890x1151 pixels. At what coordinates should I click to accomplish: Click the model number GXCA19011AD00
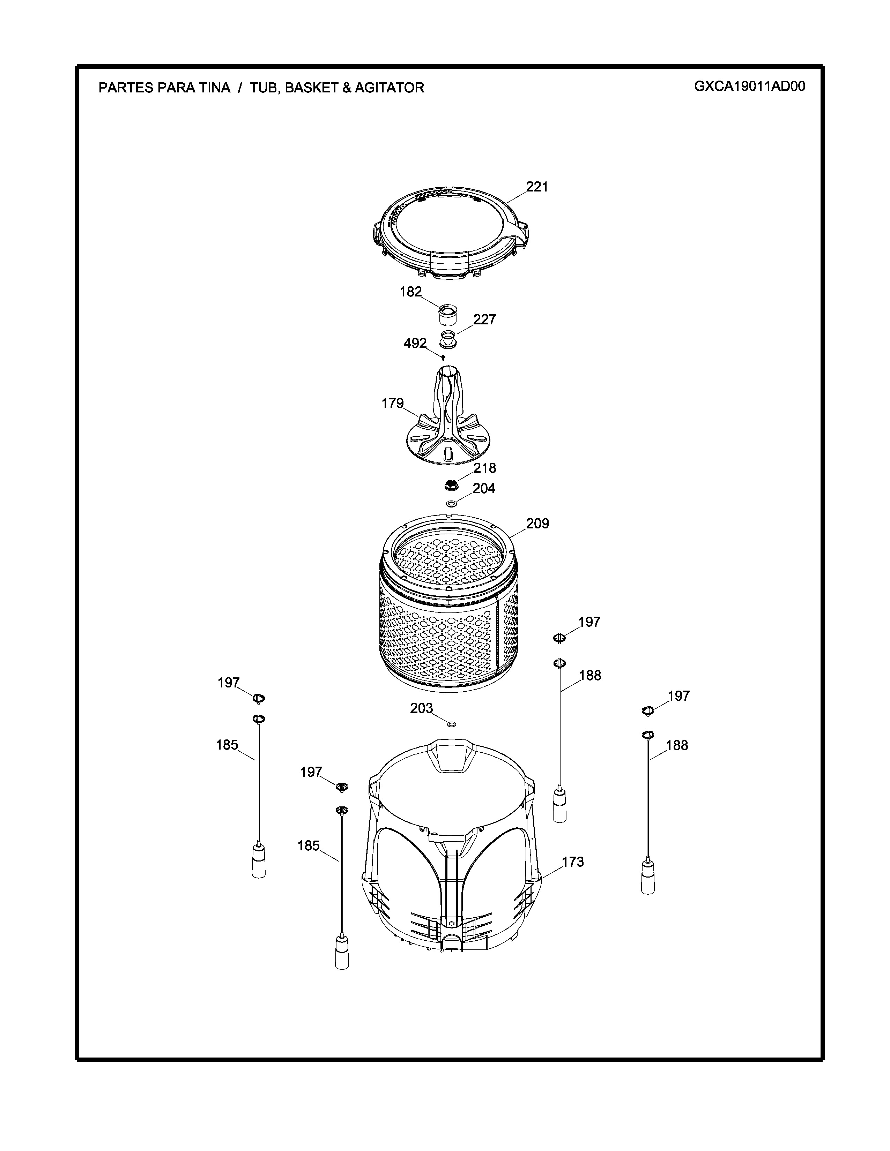[749, 86]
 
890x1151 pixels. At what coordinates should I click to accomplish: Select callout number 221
[537, 187]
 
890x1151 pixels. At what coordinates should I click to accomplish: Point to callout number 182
[411, 292]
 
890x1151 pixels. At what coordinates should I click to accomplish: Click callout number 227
[484, 319]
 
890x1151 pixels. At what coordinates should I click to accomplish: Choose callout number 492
[415, 343]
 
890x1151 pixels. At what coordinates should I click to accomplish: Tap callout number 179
[393, 403]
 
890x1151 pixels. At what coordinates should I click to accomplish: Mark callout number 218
[484, 468]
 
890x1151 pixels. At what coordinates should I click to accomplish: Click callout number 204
[484, 489]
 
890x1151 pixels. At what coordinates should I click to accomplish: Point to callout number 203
[422, 708]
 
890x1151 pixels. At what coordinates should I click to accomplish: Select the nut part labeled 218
[451, 483]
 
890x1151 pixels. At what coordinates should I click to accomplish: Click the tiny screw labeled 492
[443, 358]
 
